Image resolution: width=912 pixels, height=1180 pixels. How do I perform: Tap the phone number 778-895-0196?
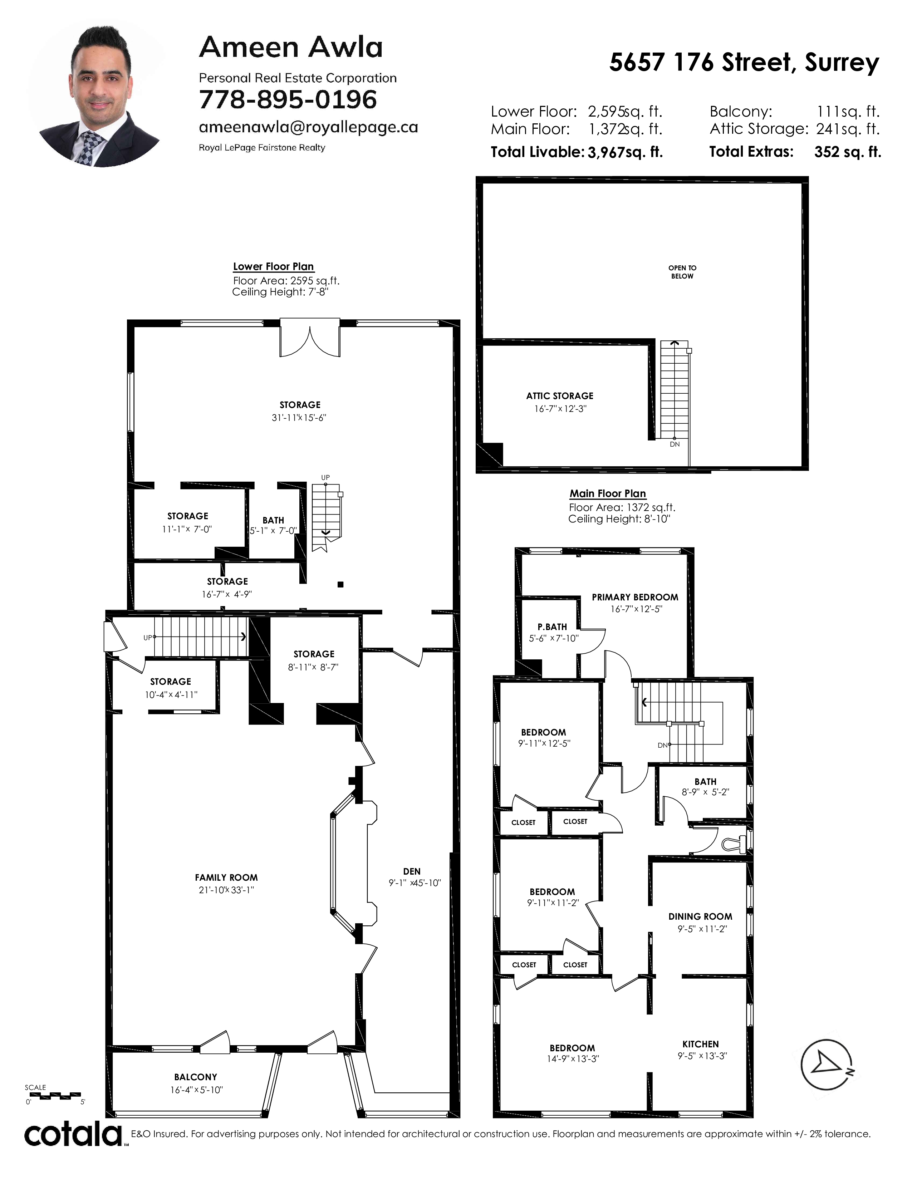pos(288,100)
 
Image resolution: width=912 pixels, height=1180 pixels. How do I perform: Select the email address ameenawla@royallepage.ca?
pos(309,128)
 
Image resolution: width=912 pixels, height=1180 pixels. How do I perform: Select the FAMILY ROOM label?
pos(226,877)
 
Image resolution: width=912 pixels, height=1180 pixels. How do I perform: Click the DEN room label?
pos(412,871)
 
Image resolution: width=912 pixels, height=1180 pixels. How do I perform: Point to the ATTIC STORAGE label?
pos(560,396)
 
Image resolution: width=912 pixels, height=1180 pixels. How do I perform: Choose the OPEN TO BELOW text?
pos(682,272)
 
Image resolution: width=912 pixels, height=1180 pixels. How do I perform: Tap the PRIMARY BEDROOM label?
pos(635,597)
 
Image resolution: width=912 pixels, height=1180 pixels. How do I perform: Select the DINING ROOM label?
pos(700,916)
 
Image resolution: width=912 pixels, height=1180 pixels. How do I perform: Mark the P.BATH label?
pos(552,627)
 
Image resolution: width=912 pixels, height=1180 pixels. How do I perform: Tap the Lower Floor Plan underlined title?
pos(273,266)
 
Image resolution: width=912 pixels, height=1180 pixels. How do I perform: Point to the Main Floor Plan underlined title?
pos(608,493)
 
